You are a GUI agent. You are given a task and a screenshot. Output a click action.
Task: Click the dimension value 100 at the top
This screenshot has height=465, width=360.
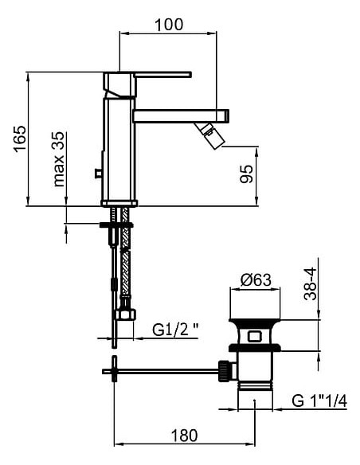point(169,24)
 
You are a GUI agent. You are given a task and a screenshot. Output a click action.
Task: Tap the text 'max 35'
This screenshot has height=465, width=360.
point(60,159)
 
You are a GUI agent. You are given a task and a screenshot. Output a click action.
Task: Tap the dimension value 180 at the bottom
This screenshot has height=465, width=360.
point(185,436)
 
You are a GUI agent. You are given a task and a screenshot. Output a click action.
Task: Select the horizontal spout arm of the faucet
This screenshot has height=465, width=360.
point(179,115)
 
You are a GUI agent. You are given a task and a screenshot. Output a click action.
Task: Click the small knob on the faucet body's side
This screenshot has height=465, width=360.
point(98,172)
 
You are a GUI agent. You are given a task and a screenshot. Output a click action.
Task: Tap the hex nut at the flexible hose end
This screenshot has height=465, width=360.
point(123,313)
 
